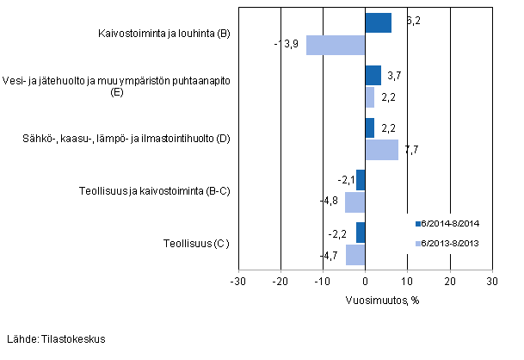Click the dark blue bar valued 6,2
(x=379, y=23)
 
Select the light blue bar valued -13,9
(x=336, y=45)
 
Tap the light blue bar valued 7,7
(x=382, y=150)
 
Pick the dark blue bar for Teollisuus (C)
(x=361, y=233)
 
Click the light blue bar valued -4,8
(x=355, y=202)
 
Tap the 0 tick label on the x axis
(x=366, y=282)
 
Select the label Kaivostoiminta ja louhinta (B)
(x=163, y=34)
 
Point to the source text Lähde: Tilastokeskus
(x=56, y=338)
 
